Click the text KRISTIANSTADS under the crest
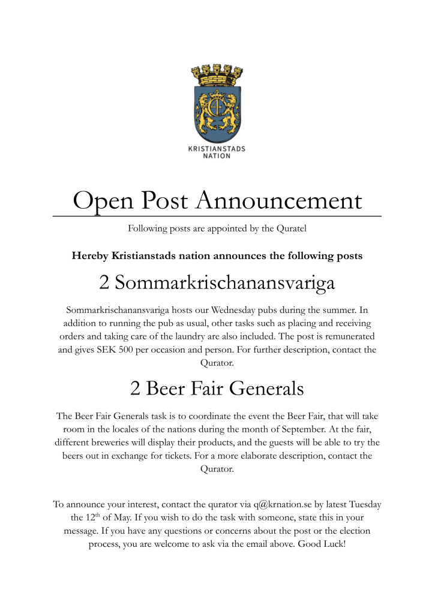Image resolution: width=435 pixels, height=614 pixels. (x=217, y=149)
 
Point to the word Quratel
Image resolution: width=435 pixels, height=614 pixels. (x=291, y=228)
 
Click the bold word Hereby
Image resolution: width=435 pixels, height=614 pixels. (x=91, y=256)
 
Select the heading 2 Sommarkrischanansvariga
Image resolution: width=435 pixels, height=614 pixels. (x=217, y=282)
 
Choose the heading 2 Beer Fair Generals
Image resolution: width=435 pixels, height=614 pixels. (x=217, y=389)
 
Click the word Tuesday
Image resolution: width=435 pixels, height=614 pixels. (x=362, y=504)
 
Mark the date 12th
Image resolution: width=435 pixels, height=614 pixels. (x=88, y=518)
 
